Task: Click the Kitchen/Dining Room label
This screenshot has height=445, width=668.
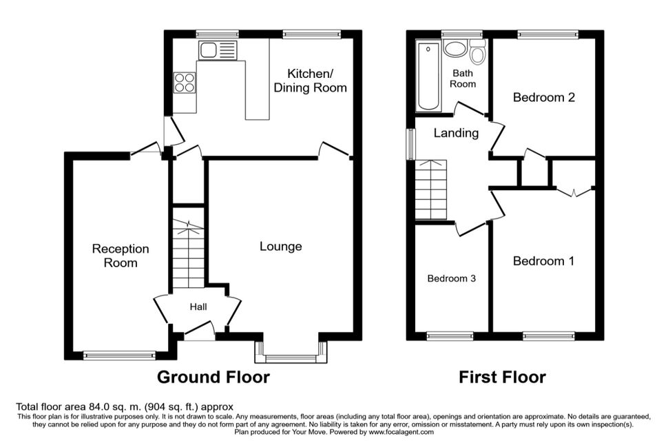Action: (x=310, y=81)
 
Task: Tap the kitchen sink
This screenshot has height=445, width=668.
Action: (x=217, y=50)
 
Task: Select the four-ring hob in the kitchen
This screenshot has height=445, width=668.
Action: (x=185, y=82)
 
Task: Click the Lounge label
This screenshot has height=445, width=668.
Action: (x=281, y=247)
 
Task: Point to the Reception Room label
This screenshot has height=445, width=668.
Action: (x=121, y=256)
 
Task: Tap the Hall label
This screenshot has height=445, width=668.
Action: (x=198, y=307)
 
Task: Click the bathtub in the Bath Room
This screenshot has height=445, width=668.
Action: (x=428, y=76)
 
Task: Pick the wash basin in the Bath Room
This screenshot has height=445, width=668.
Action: (x=455, y=48)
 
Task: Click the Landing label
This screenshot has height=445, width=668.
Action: (x=456, y=133)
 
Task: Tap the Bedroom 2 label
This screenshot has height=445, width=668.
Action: (x=543, y=98)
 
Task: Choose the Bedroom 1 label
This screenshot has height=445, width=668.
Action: (x=543, y=261)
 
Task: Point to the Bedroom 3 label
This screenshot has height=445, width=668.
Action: (x=452, y=279)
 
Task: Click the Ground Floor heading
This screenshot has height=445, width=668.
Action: (x=213, y=377)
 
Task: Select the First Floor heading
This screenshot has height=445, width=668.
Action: (x=502, y=377)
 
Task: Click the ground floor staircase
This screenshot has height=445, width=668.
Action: (x=188, y=253)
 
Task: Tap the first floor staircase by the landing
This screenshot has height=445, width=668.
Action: (x=431, y=189)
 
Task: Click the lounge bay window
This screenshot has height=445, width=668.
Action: (x=291, y=352)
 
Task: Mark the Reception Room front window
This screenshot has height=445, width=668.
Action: (x=120, y=355)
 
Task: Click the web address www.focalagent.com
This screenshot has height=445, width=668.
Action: (x=401, y=432)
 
